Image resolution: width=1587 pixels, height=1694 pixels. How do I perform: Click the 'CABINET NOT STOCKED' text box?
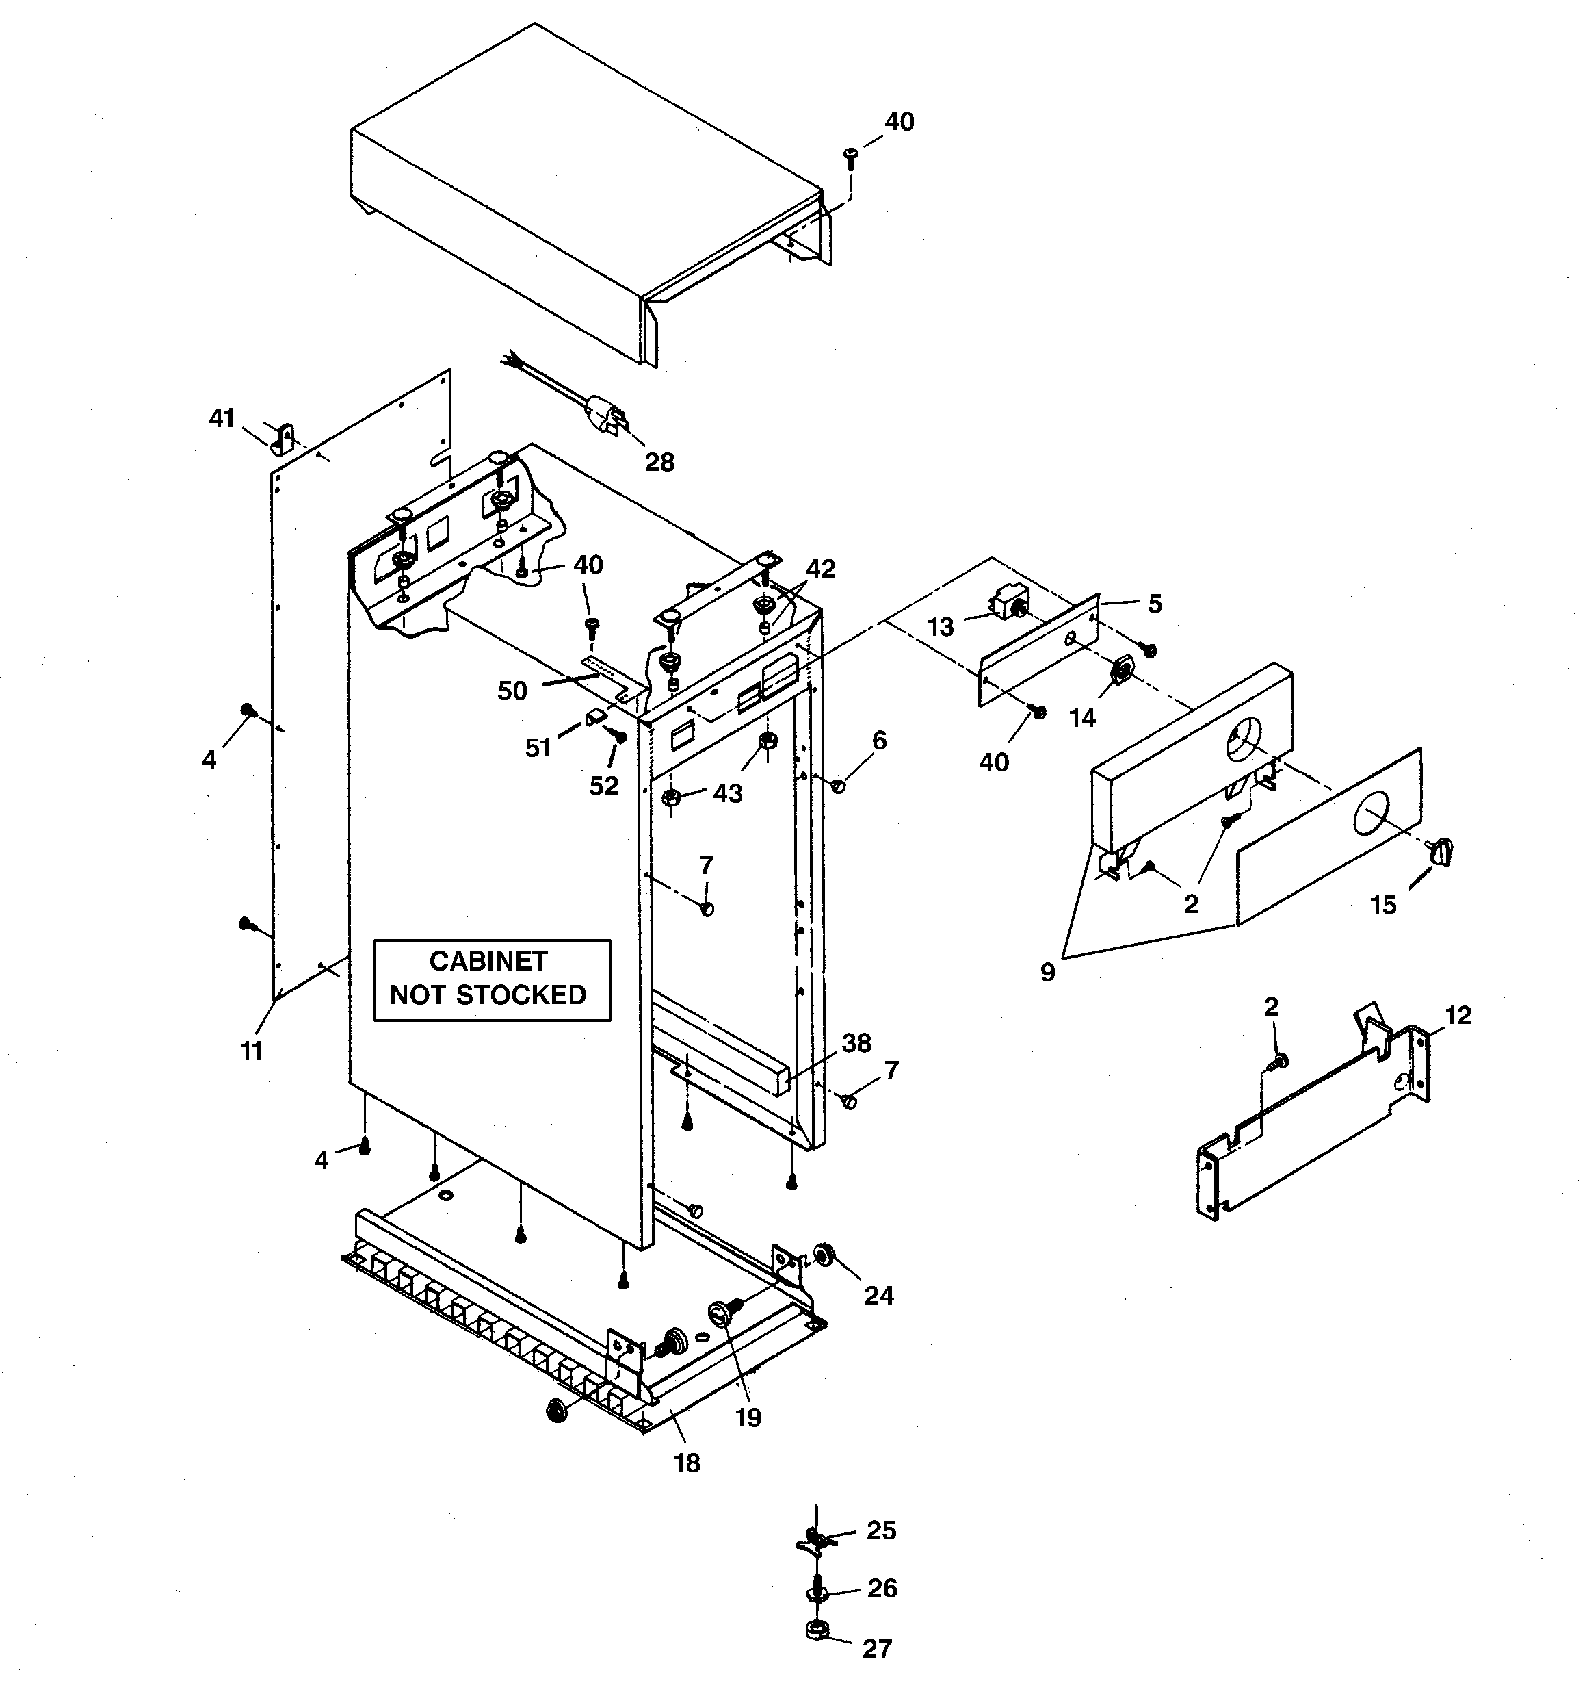[493, 979]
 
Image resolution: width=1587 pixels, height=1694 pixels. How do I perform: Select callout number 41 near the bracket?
[222, 418]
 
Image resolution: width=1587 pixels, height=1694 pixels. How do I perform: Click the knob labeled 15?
[1443, 849]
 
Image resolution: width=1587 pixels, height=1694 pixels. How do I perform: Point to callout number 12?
[1458, 1015]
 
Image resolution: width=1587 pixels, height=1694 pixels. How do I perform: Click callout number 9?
[1047, 973]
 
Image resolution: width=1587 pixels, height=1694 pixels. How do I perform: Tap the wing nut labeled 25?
[815, 1538]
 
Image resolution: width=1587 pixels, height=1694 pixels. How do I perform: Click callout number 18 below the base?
[687, 1463]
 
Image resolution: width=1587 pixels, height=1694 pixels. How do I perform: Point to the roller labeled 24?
[824, 1253]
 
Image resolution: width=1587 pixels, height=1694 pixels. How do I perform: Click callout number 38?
[856, 1043]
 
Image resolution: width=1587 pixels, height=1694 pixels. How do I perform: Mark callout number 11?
[250, 1051]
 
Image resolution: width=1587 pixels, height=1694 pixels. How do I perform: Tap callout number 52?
[603, 785]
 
